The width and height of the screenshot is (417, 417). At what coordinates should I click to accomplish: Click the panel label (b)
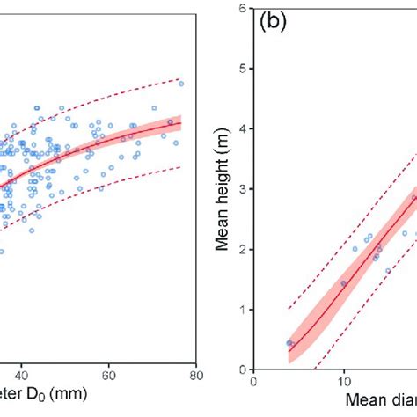pyautogui.click(x=271, y=23)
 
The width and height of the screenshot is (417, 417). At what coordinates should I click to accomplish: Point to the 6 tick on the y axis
pyautogui.click(x=242, y=9)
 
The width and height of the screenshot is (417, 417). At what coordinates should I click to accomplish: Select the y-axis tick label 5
pyautogui.click(x=242, y=69)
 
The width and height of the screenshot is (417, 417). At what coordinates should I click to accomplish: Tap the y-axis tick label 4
pyautogui.click(x=242, y=129)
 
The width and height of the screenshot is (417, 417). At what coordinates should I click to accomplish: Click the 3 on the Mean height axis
pyautogui.click(x=242, y=189)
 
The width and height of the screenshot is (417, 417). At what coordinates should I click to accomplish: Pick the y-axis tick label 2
pyautogui.click(x=242, y=250)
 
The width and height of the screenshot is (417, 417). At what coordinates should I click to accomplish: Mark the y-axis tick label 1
pyautogui.click(x=242, y=310)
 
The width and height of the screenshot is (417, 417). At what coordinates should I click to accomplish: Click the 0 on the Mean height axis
pyautogui.click(x=242, y=369)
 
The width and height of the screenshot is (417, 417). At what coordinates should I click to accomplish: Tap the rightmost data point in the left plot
pyautogui.click(x=181, y=84)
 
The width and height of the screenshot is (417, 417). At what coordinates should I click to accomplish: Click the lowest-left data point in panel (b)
pyautogui.click(x=289, y=343)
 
